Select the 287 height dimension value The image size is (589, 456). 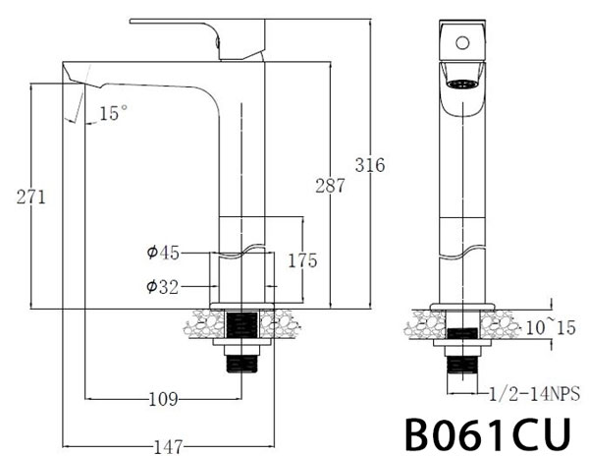pyautogui.click(x=329, y=185)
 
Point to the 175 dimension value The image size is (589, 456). pyautogui.click(x=301, y=261)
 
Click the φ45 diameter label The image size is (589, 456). pyautogui.click(x=162, y=254)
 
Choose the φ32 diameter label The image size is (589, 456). pyautogui.click(x=162, y=287)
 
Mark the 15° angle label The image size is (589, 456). pyautogui.click(x=113, y=114)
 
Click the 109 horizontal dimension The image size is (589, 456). pyautogui.click(x=162, y=399)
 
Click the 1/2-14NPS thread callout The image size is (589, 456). pyautogui.click(x=534, y=395)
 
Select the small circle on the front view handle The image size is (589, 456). pyautogui.click(x=461, y=42)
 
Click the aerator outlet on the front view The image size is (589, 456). pyautogui.click(x=460, y=83)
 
